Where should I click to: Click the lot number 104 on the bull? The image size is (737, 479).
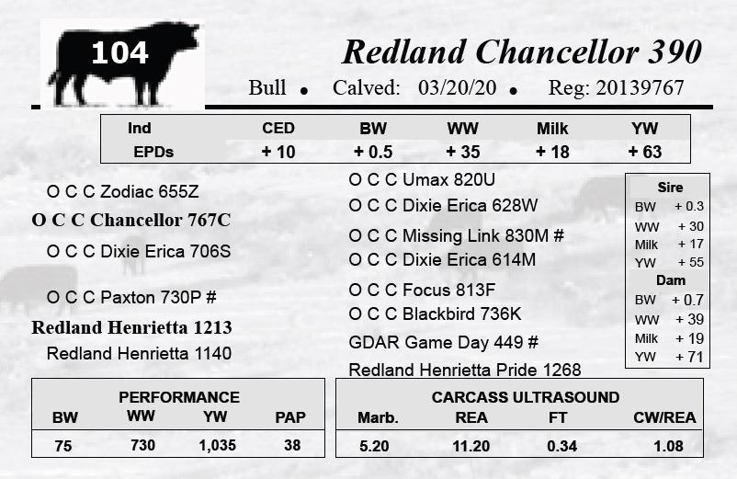(x=119, y=52)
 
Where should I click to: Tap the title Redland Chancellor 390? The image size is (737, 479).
(x=522, y=51)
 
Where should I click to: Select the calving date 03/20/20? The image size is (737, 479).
(x=457, y=88)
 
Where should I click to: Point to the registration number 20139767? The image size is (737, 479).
(x=640, y=88)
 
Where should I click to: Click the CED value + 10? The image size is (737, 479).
(x=278, y=152)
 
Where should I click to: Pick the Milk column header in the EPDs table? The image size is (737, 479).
(x=552, y=129)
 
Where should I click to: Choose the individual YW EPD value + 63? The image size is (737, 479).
(x=645, y=152)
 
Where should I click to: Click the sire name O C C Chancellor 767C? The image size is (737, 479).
(x=131, y=220)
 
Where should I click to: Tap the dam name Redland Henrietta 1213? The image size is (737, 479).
(x=131, y=327)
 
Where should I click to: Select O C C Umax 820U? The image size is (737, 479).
(x=422, y=179)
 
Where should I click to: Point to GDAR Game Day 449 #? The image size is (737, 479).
(x=443, y=342)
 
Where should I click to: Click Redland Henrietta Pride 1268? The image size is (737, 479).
(x=465, y=370)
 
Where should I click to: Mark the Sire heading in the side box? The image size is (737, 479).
(x=670, y=187)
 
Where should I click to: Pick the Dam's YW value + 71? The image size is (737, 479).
(x=689, y=357)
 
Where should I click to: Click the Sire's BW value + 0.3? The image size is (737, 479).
(x=689, y=206)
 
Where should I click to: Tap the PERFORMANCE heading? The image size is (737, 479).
(x=179, y=397)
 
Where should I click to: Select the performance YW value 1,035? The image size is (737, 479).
(x=217, y=445)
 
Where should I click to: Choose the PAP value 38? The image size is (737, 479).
(x=292, y=445)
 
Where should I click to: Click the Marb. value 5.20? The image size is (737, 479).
(x=374, y=446)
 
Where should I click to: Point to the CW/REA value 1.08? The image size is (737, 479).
(x=668, y=446)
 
